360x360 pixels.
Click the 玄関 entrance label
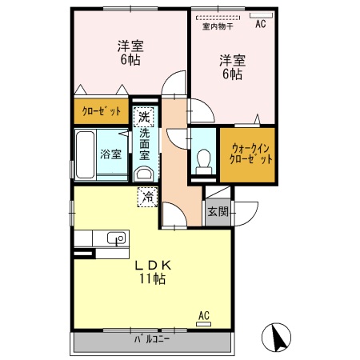pos(217,212)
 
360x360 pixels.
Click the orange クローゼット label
pos(98,111)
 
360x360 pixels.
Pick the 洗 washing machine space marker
pos(143,118)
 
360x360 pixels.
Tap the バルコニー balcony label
pos(153,340)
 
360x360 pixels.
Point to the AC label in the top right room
pos(260,25)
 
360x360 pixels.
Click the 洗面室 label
pos(145,146)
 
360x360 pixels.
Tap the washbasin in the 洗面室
pos(143,174)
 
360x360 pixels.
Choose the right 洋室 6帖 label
pos(233,66)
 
